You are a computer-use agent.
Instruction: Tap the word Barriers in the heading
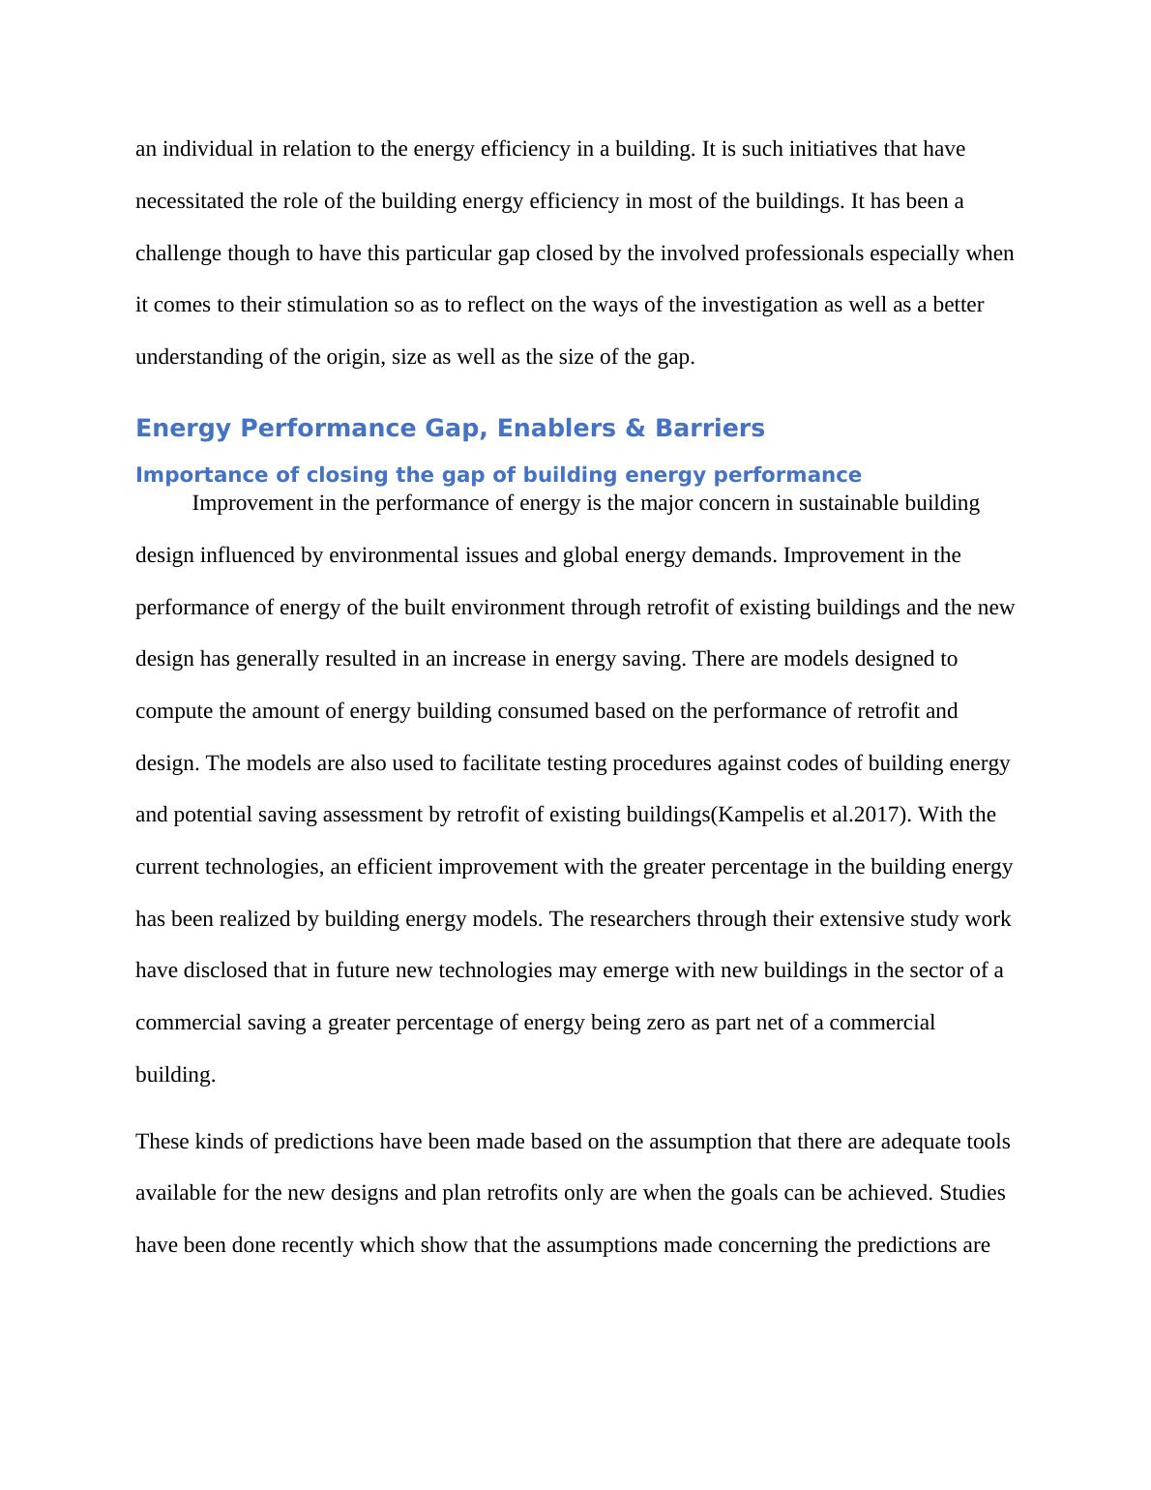709,429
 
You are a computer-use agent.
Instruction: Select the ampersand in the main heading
635,429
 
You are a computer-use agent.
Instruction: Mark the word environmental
390,555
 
